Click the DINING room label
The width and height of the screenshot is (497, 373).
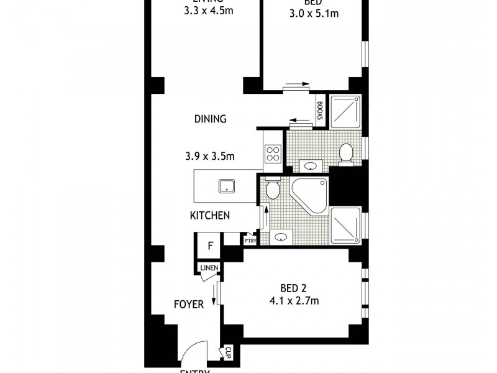(x=209, y=119)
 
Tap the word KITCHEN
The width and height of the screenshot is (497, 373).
(x=210, y=216)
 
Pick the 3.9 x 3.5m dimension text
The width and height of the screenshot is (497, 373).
(x=209, y=156)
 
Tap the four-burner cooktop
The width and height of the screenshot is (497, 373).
(x=273, y=154)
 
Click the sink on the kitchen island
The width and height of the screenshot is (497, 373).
(x=226, y=185)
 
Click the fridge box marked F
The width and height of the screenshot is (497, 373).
(x=210, y=246)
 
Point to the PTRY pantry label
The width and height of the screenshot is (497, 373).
(x=250, y=241)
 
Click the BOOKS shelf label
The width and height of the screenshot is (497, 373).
(x=319, y=111)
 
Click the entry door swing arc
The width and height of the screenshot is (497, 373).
(x=198, y=352)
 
